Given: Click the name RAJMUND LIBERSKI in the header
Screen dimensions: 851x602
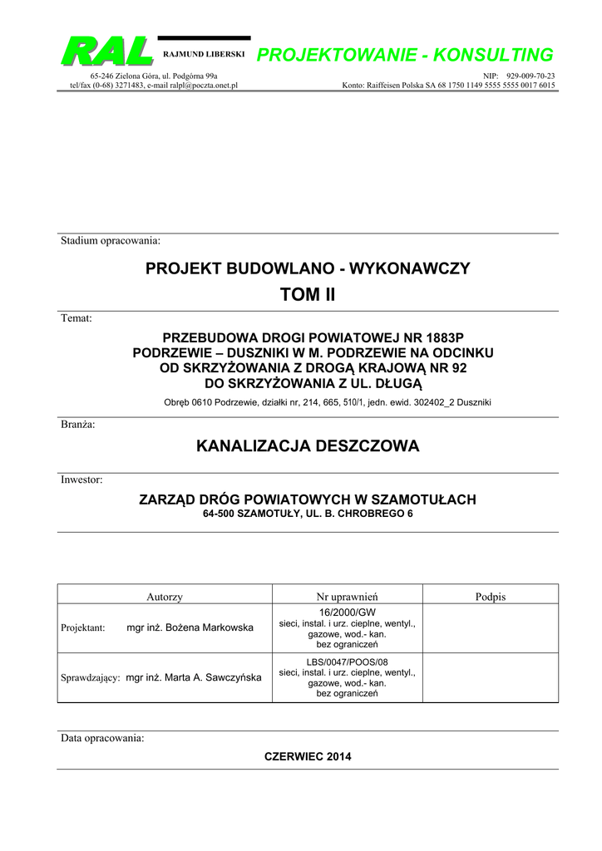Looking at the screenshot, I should click(x=204, y=54).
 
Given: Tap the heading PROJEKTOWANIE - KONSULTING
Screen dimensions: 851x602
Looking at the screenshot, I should click(x=405, y=55).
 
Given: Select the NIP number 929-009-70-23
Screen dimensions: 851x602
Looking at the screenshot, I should click(x=530, y=76).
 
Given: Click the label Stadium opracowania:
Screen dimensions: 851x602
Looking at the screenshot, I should click(x=110, y=241).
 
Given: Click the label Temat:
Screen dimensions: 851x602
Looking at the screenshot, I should click(x=76, y=318).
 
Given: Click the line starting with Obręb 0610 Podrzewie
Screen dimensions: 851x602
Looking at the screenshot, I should click(x=327, y=403).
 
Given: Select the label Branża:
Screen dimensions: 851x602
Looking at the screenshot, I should click(x=78, y=425).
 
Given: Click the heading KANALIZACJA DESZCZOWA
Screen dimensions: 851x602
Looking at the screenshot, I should click(x=308, y=446).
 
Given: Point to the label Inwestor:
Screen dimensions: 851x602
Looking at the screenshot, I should click(x=81, y=480).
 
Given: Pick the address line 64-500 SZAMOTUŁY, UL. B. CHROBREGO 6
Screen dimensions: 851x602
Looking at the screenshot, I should click(x=308, y=514).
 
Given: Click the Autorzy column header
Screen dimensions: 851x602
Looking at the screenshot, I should click(x=165, y=597).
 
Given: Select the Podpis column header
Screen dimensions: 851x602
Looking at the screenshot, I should click(x=491, y=597).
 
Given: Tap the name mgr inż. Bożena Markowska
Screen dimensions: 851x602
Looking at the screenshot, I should click(x=190, y=627).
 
